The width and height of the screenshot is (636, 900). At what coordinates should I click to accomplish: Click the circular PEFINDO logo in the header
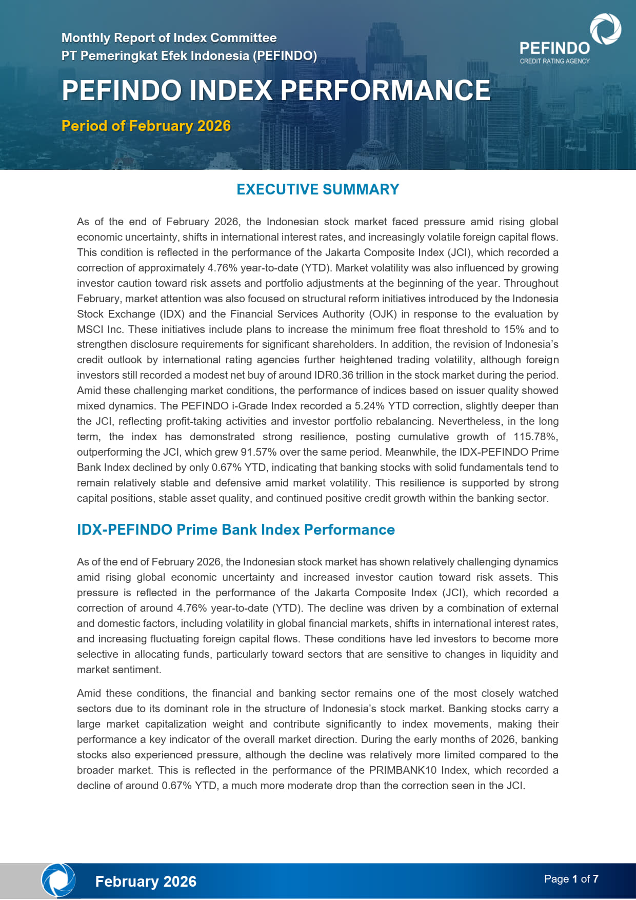[x=605, y=29]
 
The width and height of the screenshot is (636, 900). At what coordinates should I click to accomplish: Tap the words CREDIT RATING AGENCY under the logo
[x=554, y=61]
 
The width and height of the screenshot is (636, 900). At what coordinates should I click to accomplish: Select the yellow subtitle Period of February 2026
[x=146, y=126]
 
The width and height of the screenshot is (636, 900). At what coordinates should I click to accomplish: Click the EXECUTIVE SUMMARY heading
[x=317, y=189]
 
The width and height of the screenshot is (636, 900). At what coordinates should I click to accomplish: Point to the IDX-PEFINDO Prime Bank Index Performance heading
[x=235, y=530]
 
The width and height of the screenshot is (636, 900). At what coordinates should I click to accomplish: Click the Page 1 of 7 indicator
[x=571, y=879]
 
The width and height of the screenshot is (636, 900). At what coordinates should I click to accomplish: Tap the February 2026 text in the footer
[x=146, y=881]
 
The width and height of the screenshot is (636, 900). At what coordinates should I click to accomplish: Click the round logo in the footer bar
[x=58, y=880]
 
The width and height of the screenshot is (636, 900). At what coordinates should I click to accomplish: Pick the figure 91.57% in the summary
[x=256, y=452]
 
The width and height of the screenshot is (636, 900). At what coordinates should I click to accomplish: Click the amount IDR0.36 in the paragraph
[x=334, y=375]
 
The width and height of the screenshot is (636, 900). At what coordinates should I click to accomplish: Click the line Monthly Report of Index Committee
[x=169, y=38]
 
